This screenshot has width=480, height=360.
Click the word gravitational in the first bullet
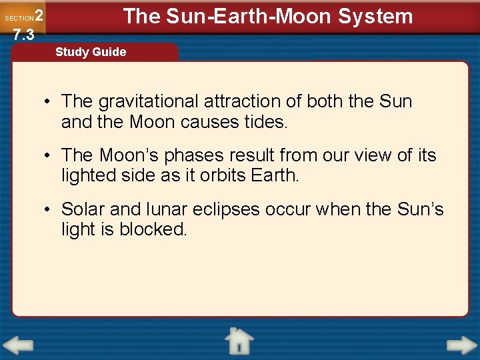(148, 102)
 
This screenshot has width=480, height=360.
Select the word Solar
(83, 209)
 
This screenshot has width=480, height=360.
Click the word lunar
(133, 209)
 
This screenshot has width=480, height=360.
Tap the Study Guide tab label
(91, 52)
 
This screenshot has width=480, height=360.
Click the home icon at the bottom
(238, 341)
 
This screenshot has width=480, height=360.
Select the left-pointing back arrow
(18, 346)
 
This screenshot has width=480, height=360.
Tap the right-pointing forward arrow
(461, 346)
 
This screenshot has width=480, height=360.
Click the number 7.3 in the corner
(23, 35)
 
